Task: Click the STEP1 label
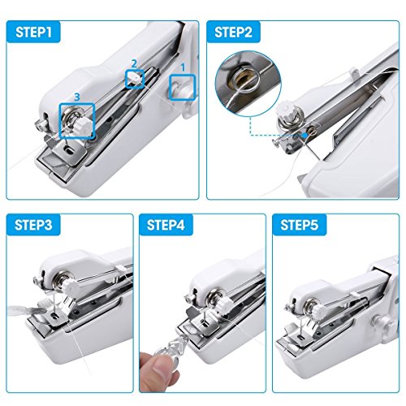(x=35, y=32)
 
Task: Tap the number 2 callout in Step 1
(x=135, y=62)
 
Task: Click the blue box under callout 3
(x=77, y=121)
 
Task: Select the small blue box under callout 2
(x=135, y=78)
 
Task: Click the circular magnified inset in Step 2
(x=245, y=78)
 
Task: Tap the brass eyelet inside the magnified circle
(x=244, y=79)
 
